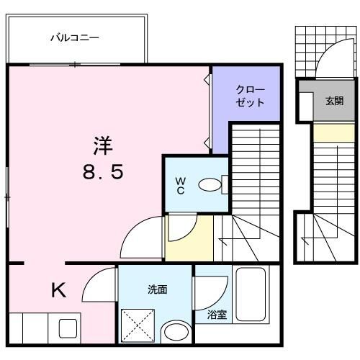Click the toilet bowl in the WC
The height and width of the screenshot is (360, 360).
(210, 185)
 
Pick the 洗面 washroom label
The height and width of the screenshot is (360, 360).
(158, 289)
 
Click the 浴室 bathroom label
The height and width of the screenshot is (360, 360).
(217, 315)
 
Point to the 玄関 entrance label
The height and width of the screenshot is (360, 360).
(333, 101)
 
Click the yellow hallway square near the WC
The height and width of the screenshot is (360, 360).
(189, 238)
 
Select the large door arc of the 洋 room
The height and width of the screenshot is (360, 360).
(140, 238)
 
